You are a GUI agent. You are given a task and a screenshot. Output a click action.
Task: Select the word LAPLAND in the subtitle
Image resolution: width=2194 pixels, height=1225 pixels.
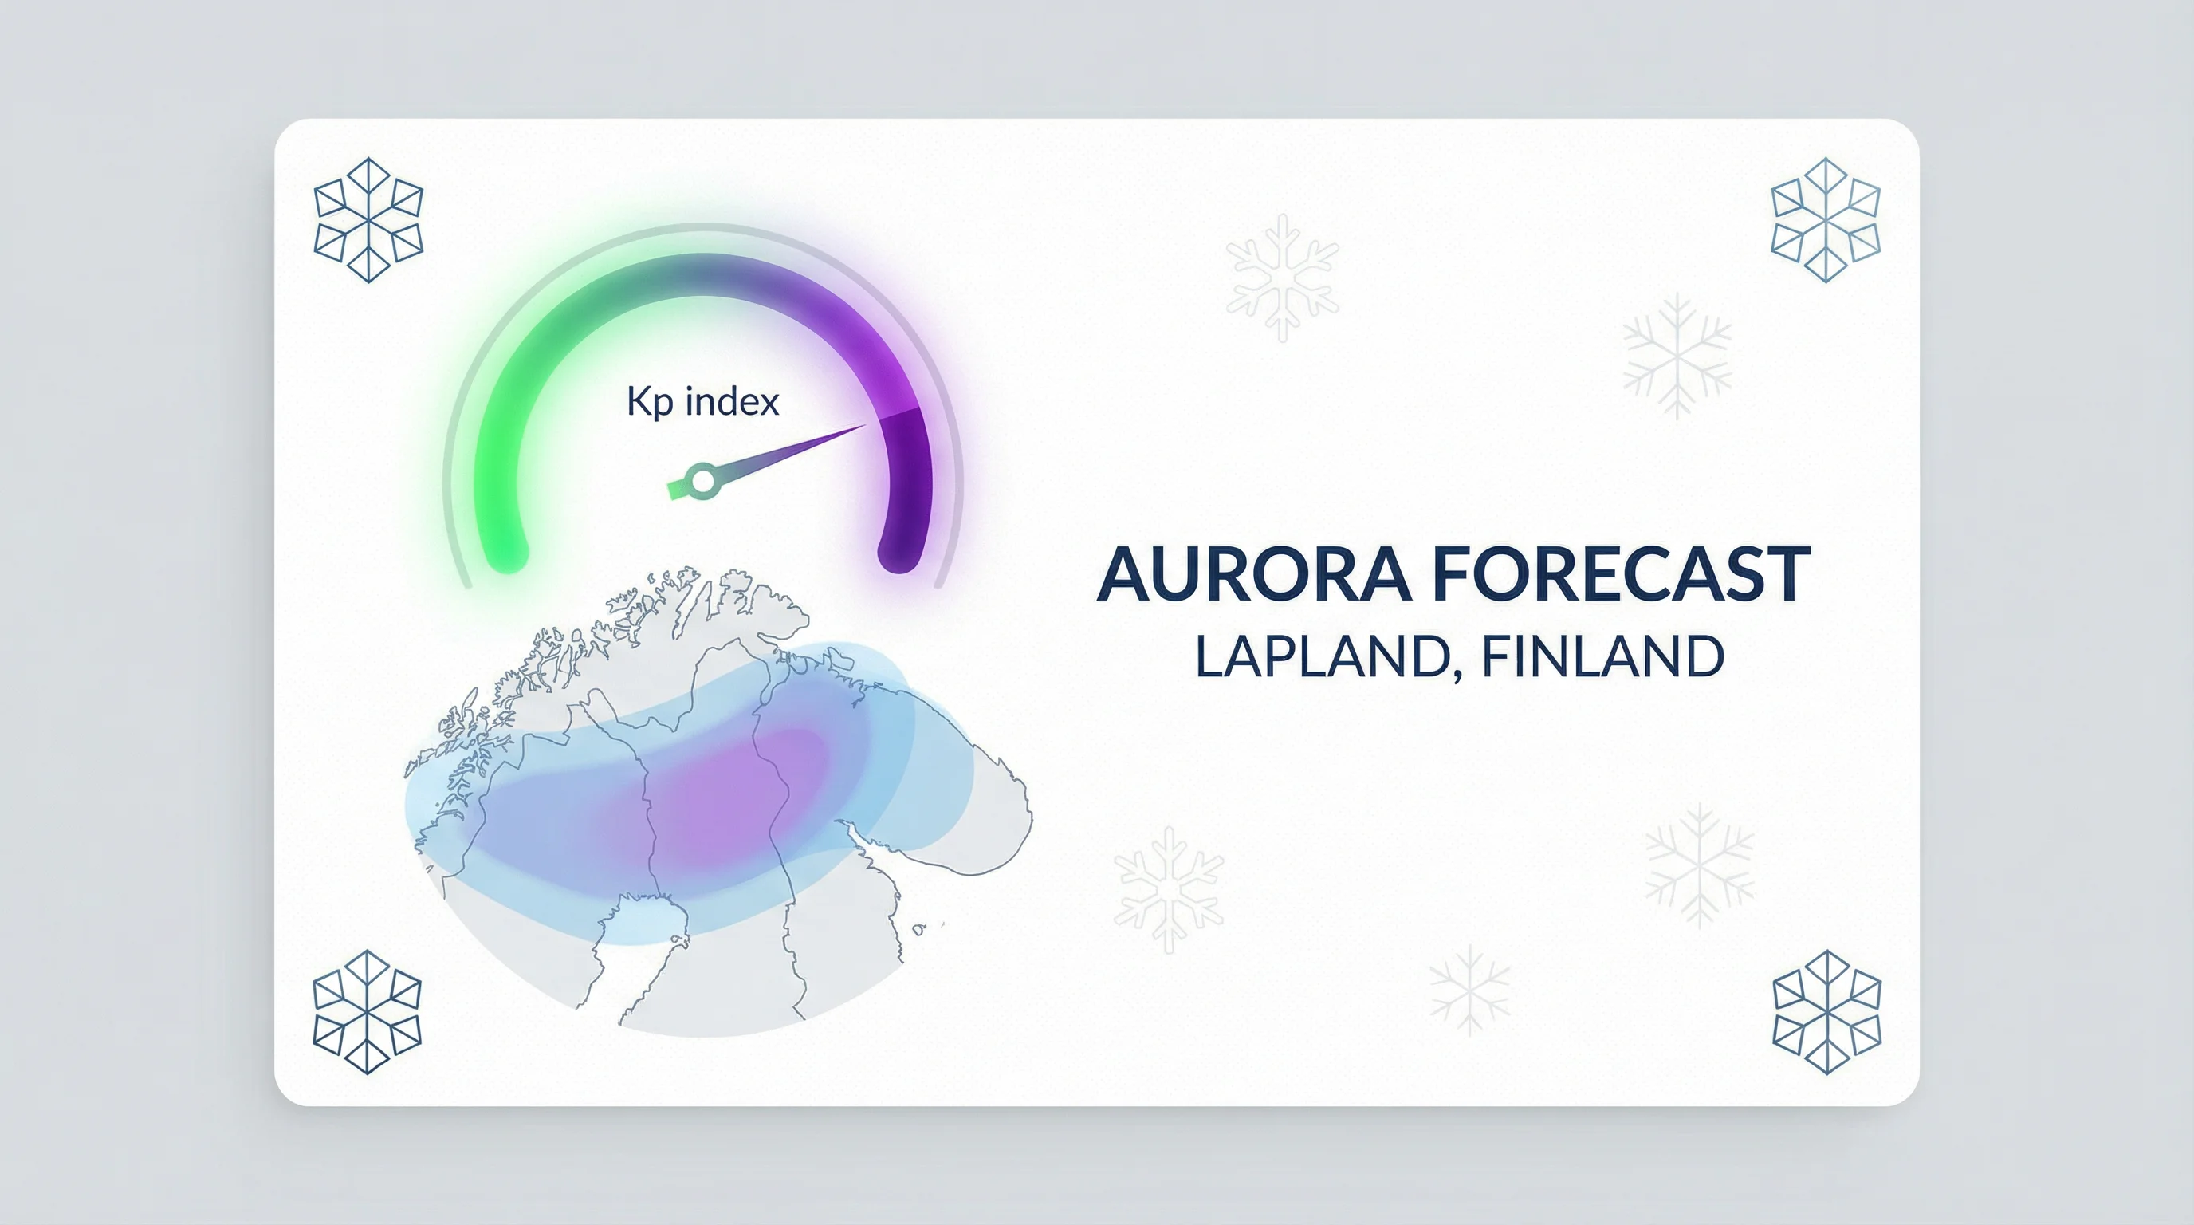tap(1324, 657)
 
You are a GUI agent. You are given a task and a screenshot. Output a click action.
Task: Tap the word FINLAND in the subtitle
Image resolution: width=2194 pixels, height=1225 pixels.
tap(1603, 657)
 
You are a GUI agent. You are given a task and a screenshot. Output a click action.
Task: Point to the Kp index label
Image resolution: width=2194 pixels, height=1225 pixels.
tap(702, 401)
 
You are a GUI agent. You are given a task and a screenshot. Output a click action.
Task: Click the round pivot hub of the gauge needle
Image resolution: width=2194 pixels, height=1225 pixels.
tap(702, 480)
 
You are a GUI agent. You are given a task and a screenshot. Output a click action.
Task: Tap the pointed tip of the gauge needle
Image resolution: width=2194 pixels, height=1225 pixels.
tap(866, 425)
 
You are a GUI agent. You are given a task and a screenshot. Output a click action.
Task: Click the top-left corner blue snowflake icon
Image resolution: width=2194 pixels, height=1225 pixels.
tap(368, 220)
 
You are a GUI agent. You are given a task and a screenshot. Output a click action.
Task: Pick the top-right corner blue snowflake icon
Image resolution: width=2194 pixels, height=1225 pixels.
tap(1825, 220)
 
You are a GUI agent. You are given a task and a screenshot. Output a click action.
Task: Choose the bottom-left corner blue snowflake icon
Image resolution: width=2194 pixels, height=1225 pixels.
tap(367, 1012)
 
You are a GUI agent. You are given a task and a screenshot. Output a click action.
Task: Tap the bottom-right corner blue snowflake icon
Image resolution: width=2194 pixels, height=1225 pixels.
tap(1827, 1012)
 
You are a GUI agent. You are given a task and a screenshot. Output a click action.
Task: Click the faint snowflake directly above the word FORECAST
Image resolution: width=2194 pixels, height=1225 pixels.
tap(1677, 356)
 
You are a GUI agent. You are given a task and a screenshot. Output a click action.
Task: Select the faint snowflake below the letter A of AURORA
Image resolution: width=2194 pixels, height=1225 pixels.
tap(1169, 889)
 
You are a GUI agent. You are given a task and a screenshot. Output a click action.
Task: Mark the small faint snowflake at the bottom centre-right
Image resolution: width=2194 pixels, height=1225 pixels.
tap(1469, 989)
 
